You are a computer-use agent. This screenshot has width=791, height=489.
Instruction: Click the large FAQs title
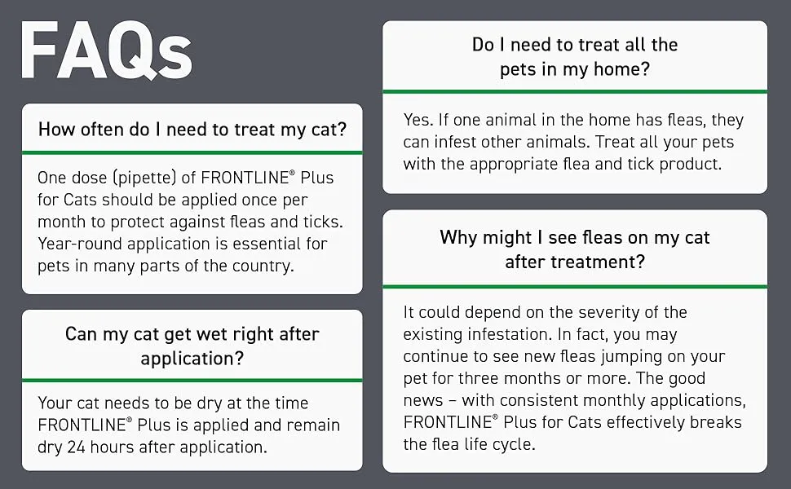(x=107, y=51)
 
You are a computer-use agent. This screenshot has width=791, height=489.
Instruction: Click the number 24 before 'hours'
(x=76, y=447)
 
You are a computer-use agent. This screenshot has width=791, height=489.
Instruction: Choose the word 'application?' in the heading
(x=192, y=359)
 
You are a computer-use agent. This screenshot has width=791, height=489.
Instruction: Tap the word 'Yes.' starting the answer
(x=418, y=120)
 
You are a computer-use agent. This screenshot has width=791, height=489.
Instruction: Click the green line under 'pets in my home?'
(x=575, y=92)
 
